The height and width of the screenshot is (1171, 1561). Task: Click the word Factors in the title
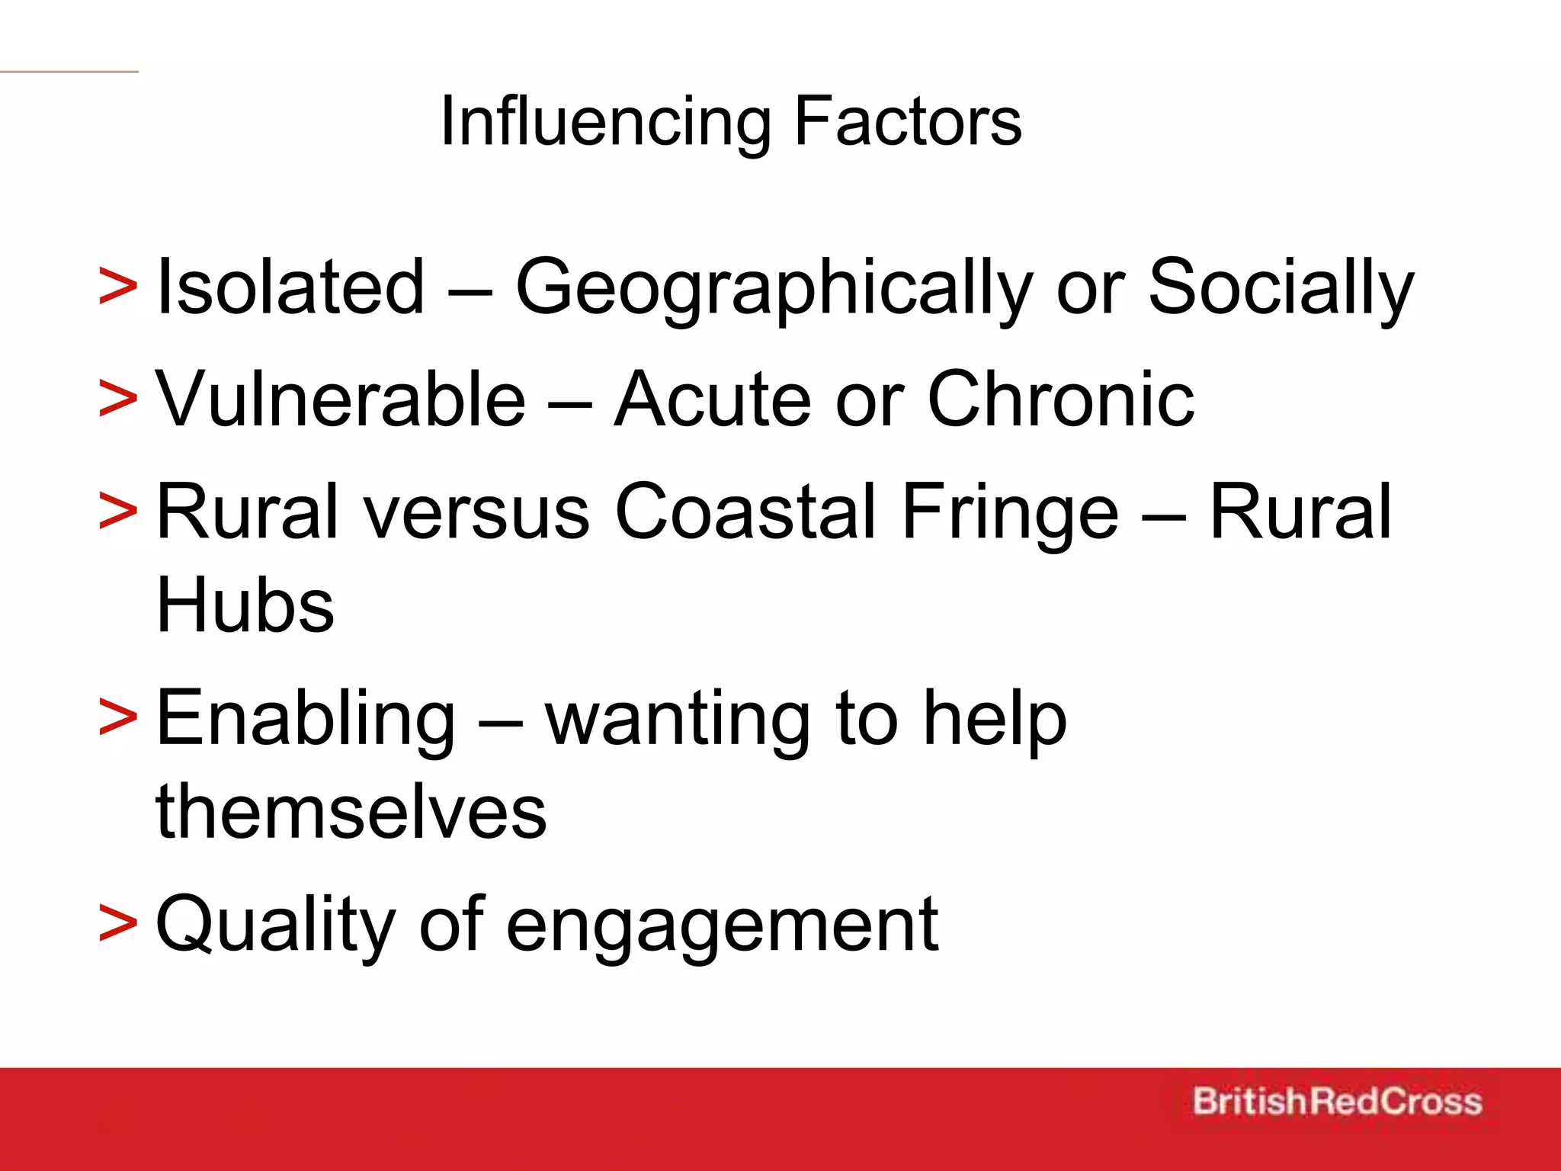coord(907,122)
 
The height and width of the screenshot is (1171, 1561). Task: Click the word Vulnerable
coord(341,399)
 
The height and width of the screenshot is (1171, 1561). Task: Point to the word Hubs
coord(245,605)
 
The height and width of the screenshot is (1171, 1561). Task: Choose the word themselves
coord(351,811)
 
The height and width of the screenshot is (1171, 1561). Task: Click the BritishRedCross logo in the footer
coord(1337,1102)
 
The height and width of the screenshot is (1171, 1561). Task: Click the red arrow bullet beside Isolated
coord(118,288)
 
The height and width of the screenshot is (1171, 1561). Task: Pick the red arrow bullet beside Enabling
coord(118,719)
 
